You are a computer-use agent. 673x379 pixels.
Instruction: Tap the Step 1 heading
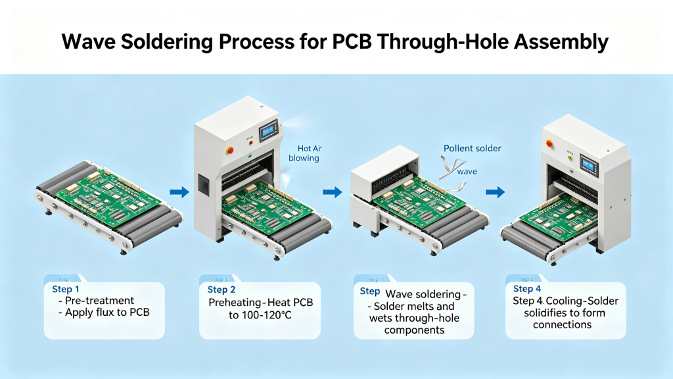coord(66,290)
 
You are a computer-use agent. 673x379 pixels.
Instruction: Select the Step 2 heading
coord(221,290)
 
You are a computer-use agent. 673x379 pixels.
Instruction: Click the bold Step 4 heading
coord(527,289)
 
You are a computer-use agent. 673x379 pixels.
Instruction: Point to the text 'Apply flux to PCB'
coord(107,313)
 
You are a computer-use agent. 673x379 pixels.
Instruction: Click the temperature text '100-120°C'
coord(260,315)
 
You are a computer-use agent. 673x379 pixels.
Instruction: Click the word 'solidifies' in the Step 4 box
coord(549,313)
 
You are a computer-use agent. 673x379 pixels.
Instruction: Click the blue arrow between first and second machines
coord(179,192)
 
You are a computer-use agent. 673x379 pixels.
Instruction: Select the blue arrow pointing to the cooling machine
coord(495,192)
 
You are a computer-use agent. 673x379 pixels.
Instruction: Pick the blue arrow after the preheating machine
coord(333,192)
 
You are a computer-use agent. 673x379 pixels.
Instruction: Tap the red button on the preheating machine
coord(230,149)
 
